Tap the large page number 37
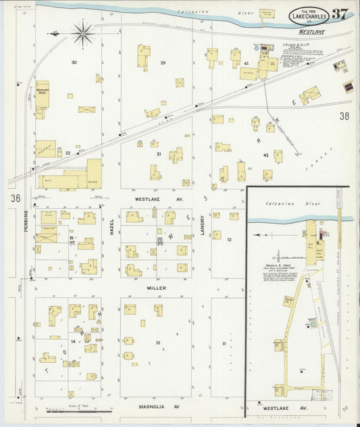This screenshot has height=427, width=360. click(340, 14)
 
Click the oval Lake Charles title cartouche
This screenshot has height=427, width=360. click(309, 16)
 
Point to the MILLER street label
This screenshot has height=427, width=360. click(156, 288)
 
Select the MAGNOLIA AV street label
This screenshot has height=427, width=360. click(156, 407)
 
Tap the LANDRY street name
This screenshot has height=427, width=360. click(202, 225)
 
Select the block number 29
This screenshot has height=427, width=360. click(163, 63)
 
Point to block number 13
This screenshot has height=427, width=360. click(157, 343)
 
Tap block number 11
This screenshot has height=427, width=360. click(223, 344)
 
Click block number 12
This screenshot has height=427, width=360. click(230, 240)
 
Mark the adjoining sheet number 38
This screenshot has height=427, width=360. click(344, 116)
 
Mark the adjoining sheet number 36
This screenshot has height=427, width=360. click(14, 198)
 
